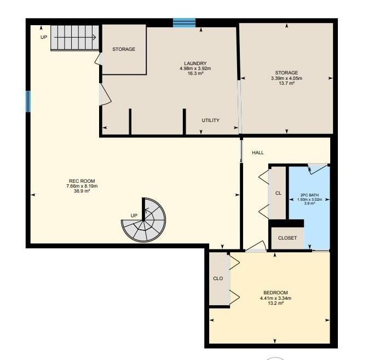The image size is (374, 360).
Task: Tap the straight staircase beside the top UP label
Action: tap(74, 37)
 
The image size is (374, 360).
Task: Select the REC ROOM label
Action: tap(82, 182)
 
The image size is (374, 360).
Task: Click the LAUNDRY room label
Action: tap(195, 63)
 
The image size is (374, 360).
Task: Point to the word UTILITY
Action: tap(210, 120)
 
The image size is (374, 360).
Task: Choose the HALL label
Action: tap(258, 153)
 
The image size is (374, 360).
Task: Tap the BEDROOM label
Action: tap(275, 293)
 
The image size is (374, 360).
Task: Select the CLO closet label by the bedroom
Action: tap(218, 278)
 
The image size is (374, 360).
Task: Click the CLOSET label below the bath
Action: tap(287, 238)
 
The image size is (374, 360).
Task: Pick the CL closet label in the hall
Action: tap(278, 193)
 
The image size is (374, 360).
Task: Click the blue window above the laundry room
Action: tap(185, 22)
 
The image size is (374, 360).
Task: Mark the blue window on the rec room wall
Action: tap(28, 101)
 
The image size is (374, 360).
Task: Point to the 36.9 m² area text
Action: tap(82, 191)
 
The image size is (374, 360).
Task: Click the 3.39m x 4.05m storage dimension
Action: tap(286, 78)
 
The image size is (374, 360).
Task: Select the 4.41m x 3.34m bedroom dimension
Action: tap(275, 298)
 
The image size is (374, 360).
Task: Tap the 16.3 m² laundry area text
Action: tap(195, 73)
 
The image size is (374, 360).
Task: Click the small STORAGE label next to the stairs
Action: tap(124, 49)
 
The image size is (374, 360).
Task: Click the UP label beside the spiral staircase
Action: tap(134, 215)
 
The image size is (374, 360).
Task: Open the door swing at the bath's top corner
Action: tap(317, 168)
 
